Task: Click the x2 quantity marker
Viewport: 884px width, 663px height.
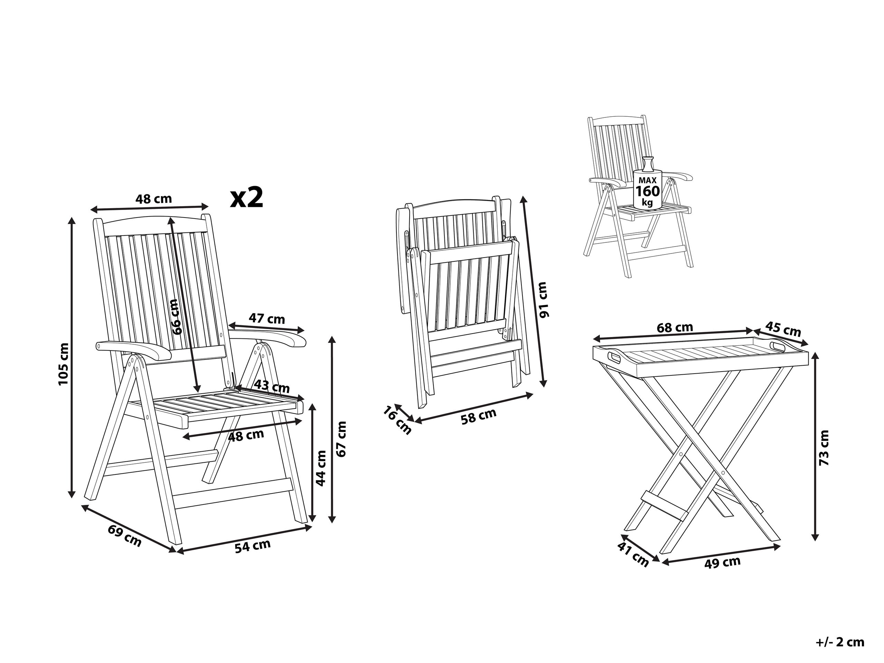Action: [x=247, y=198]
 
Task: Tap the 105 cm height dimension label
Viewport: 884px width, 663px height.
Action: [x=64, y=364]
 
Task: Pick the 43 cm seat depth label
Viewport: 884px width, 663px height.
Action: [x=272, y=387]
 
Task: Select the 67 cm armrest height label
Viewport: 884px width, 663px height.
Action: [x=342, y=439]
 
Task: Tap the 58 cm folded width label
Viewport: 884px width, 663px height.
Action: [x=478, y=416]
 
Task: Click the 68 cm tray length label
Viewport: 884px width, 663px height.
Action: [x=675, y=328]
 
